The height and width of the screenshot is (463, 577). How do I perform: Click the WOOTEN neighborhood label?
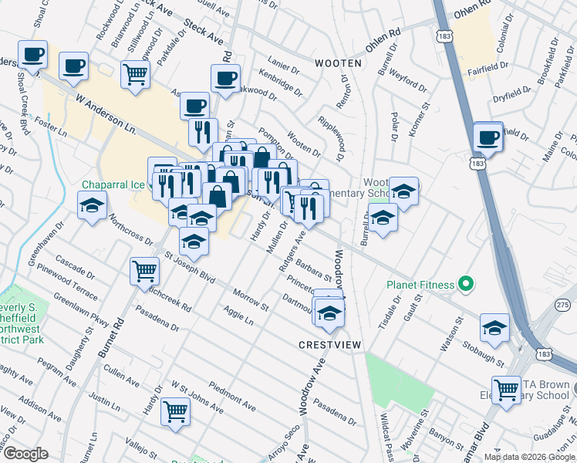338,62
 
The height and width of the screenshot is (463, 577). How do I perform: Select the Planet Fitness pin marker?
465,285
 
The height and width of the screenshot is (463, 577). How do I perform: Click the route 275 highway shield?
563,306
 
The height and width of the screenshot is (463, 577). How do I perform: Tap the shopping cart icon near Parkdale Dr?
135,75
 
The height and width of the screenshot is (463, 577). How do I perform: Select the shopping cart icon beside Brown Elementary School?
506,389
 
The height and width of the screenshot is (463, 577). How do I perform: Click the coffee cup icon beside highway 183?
488,137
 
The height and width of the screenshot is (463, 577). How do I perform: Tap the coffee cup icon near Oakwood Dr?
225,78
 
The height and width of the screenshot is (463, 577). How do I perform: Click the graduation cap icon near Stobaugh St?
494,327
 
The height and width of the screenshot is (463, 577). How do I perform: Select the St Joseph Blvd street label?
188,264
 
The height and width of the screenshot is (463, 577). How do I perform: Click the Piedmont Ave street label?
221,395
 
